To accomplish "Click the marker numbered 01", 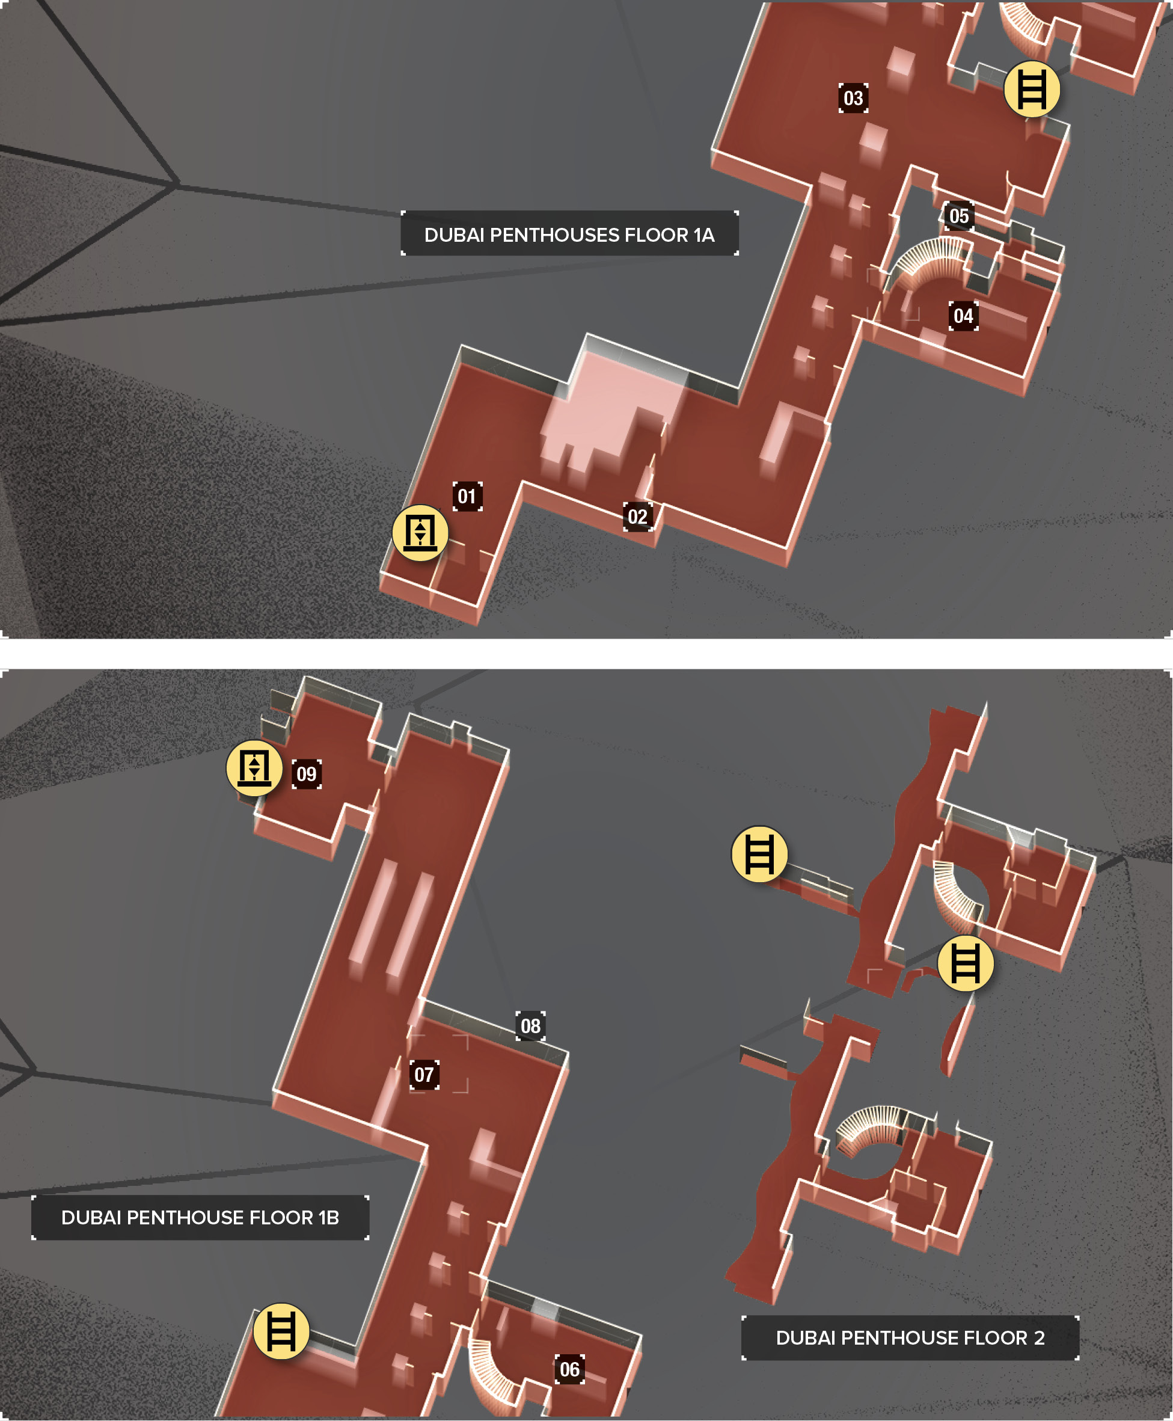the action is pyautogui.click(x=468, y=497).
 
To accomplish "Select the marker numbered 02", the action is pyautogui.click(x=638, y=517).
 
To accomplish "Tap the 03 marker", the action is pyautogui.click(x=853, y=98).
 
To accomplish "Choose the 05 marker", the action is pyautogui.click(x=960, y=216).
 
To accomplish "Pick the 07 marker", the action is pyautogui.click(x=424, y=1075).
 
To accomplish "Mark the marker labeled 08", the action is pyautogui.click(x=530, y=1026).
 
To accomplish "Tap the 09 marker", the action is pyautogui.click(x=307, y=774).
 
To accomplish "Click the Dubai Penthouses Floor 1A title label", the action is pyautogui.click(x=569, y=234).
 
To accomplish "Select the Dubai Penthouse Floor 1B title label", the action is pyautogui.click(x=200, y=1218).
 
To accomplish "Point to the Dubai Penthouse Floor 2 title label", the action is pyautogui.click(x=910, y=1338).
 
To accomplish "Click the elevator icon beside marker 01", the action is pyautogui.click(x=420, y=532).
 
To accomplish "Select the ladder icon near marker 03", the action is pyautogui.click(x=1032, y=89).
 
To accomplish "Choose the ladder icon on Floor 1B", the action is pyautogui.click(x=281, y=1331).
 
